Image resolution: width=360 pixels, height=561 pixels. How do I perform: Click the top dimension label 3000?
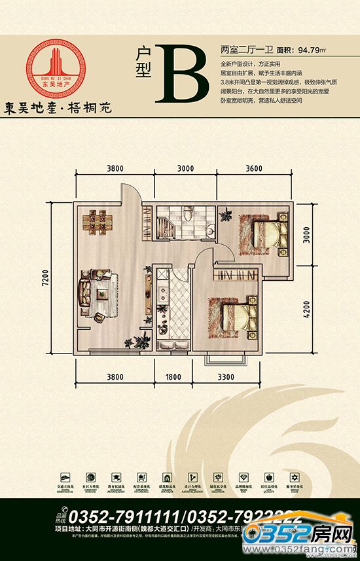(186, 168)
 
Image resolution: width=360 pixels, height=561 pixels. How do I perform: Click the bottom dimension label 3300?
(233, 376)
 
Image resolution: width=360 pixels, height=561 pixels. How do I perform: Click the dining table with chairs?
(98, 221)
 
